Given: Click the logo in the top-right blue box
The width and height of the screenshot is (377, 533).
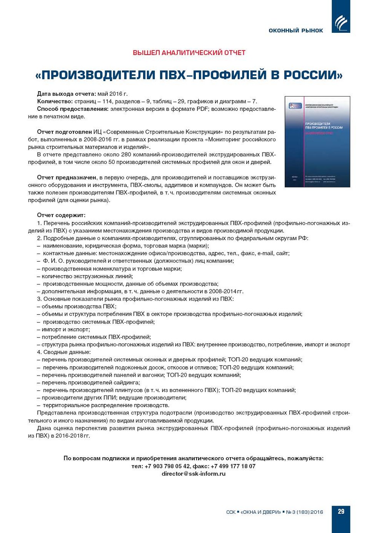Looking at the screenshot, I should [x=341, y=23].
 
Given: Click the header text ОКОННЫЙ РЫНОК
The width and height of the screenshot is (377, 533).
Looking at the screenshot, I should [x=296, y=30].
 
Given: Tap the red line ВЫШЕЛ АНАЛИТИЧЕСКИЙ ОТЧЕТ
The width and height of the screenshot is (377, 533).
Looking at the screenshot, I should [x=189, y=53].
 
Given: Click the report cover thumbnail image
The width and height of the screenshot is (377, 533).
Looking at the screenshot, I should [x=317, y=142].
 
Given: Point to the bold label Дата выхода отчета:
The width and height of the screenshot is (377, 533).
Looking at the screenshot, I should [x=66, y=94].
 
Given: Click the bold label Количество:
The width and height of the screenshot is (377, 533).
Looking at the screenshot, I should [x=55, y=102].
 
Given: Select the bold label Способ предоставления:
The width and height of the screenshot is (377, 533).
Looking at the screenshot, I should [x=73, y=109].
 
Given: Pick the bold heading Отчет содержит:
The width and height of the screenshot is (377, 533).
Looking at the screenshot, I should [x=61, y=215].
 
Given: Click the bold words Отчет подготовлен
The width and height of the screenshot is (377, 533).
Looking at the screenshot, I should [x=64, y=132].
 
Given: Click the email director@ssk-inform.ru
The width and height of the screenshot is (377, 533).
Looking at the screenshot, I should [x=194, y=474].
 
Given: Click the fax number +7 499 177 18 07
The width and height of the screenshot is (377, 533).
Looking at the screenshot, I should [x=233, y=466].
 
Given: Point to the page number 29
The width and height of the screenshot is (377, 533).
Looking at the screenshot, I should [x=341, y=511].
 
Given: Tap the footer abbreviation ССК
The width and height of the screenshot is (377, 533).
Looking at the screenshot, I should [x=231, y=512].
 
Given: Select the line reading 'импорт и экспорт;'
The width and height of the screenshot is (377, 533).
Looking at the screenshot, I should [x=65, y=329].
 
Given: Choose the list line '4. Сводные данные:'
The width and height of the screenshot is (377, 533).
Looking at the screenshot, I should [x=64, y=352].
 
